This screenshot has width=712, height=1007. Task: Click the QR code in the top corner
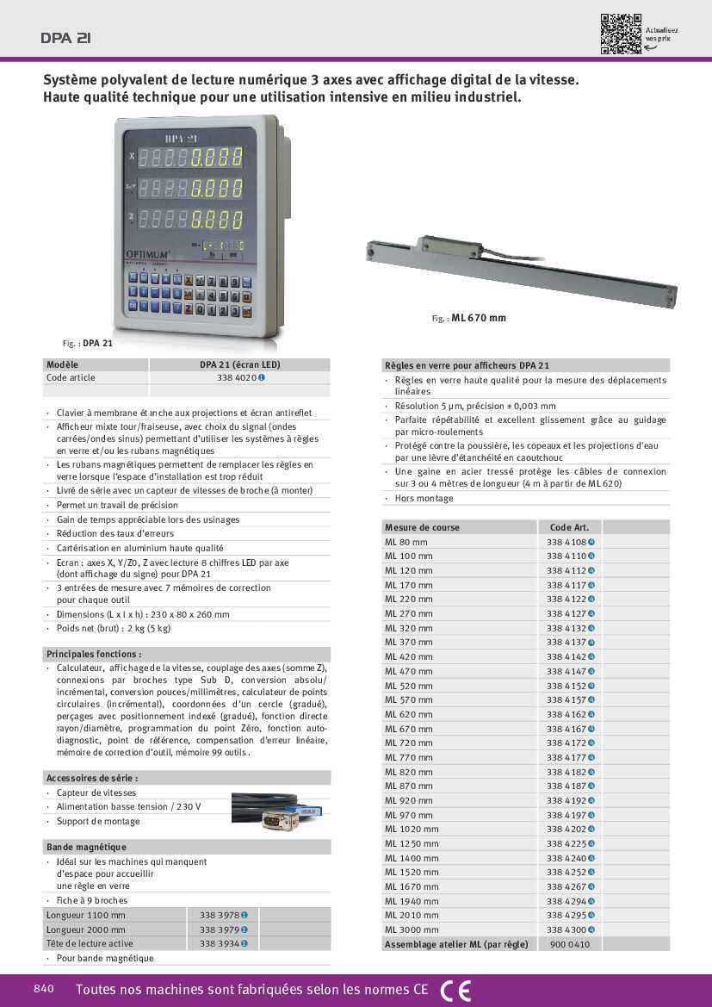click(621, 34)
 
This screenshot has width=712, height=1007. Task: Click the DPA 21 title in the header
click(65, 38)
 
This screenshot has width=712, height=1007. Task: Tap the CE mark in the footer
click(455, 991)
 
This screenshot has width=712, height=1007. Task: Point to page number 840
click(44, 989)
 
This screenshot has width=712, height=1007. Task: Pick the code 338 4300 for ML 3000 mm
click(567, 929)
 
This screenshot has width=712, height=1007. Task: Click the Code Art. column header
click(568, 527)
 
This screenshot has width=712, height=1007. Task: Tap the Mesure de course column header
click(423, 527)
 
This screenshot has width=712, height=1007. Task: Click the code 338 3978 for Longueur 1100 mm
click(220, 915)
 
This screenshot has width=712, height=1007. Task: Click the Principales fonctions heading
click(94, 654)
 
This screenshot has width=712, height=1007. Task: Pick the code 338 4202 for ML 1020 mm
click(567, 829)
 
